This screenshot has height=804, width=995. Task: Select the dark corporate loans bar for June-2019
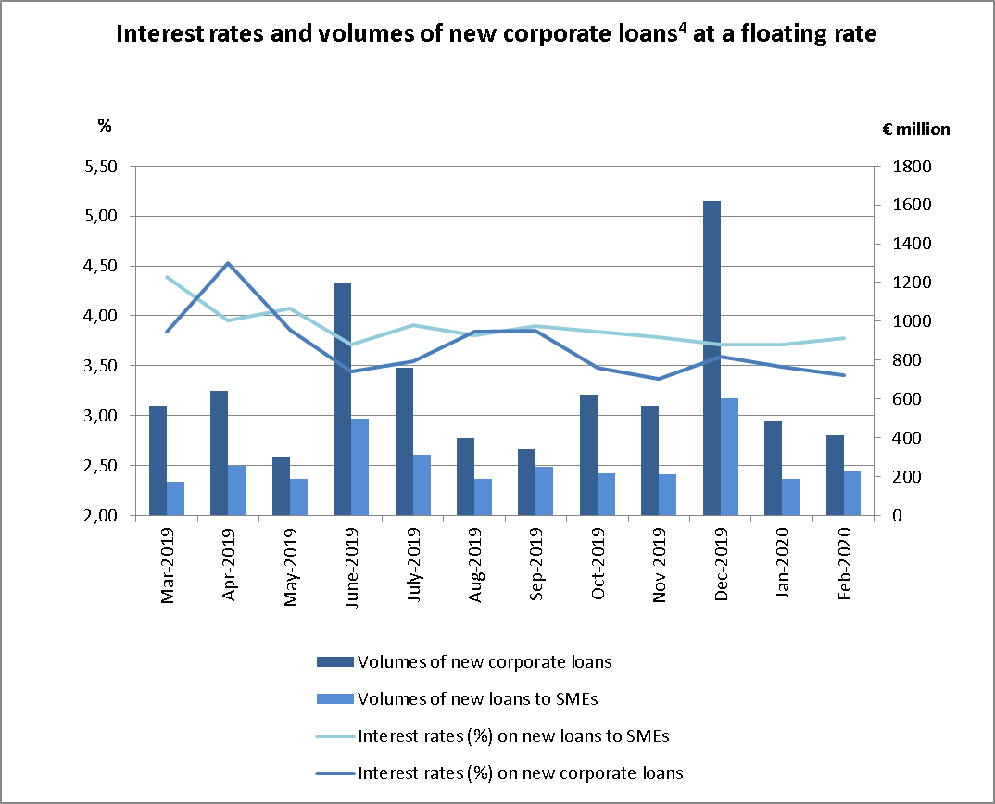pyautogui.click(x=343, y=399)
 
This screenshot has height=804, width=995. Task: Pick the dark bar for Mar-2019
pyautogui.click(x=157, y=460)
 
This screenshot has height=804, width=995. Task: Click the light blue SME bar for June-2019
pyautogui.click(x=360, y=467)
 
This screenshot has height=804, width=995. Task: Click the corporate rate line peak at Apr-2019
pyautogui.click(x=228, y=263)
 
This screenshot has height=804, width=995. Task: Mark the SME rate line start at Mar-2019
pyautogui.click(x=167, y=277)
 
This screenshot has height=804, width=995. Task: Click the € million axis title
pyautogui.click(x=915, y=130)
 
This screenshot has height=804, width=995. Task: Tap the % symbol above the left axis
pyautogui.click(x=105, y=125)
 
